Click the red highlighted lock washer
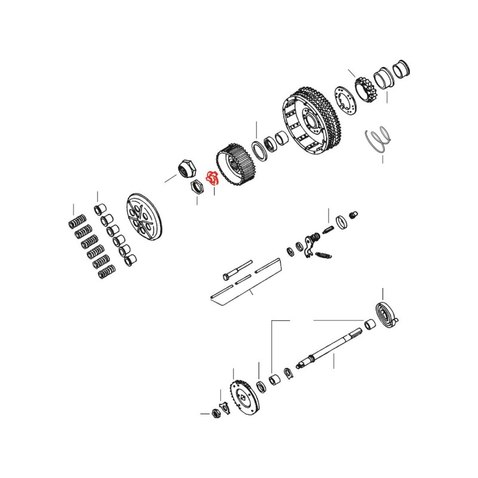[x=212, y=177]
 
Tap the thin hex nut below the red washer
[x=196, y=188]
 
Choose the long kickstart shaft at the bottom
[x=329, y=349]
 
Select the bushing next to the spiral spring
[x=369, y=326]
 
